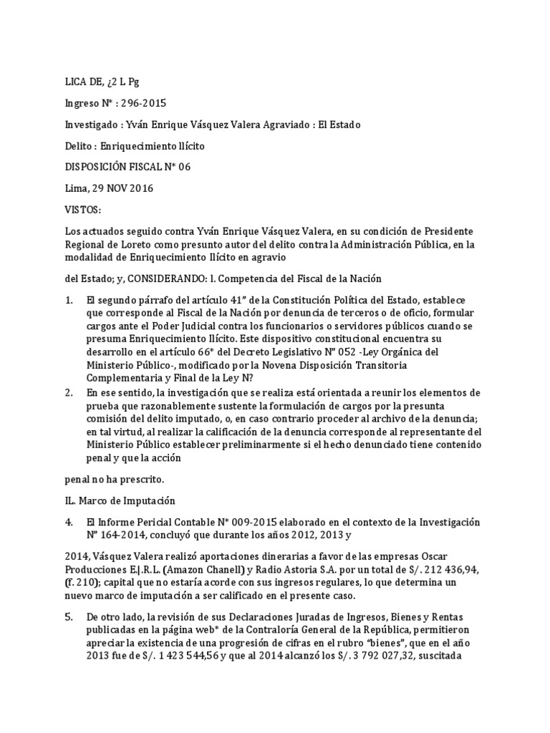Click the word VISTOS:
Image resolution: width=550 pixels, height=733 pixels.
pos(83,210)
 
